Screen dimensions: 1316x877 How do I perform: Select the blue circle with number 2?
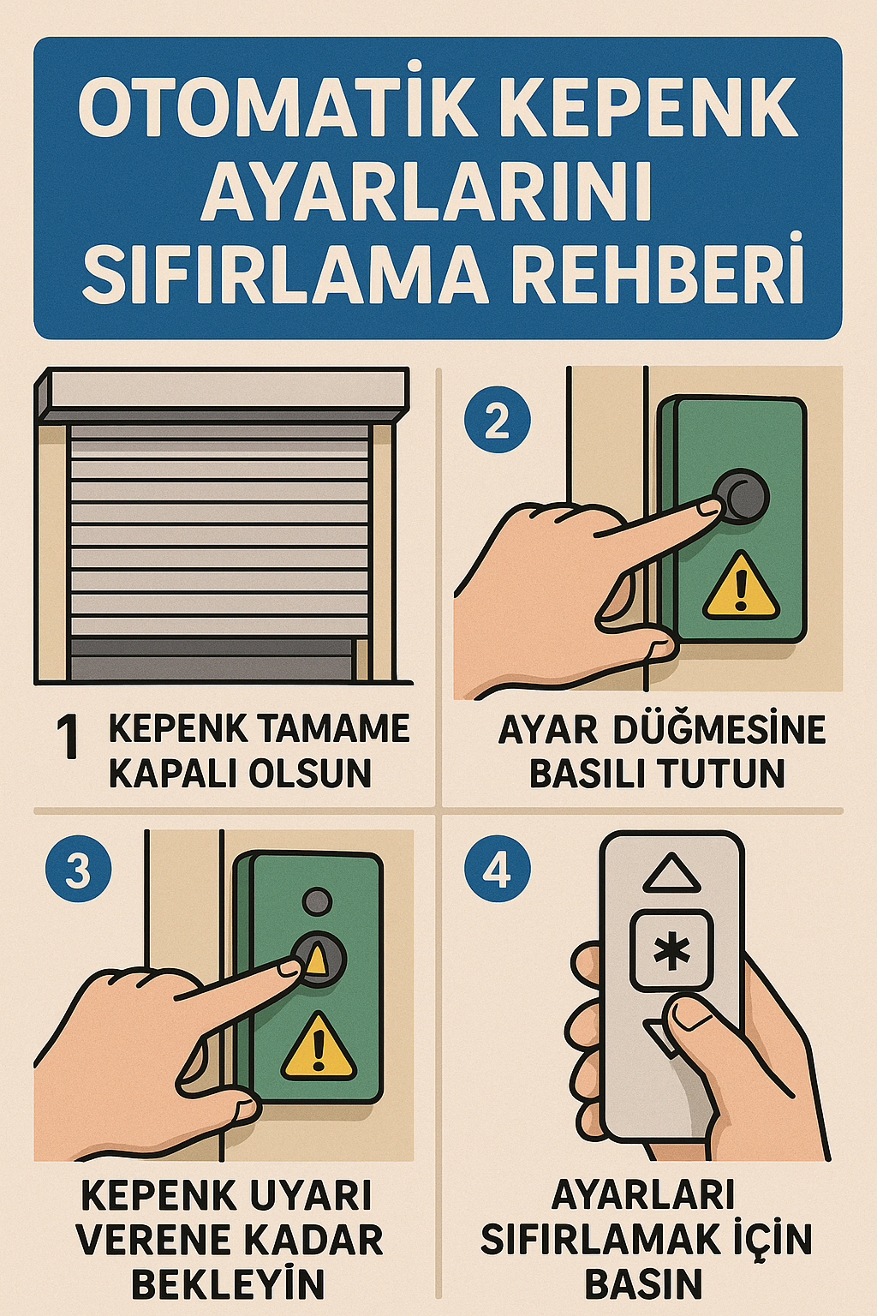click(497, 421)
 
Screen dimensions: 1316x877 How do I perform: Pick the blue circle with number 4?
click(497, 869)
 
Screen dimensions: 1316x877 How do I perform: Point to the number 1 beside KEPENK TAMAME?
click(68, 738)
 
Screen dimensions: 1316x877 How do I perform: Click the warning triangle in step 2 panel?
click(741, 587)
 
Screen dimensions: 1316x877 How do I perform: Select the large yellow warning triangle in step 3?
click(319, 1048)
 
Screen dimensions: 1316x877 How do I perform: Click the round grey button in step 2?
click(743, 496)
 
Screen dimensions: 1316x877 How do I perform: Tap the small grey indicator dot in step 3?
click(318, 901)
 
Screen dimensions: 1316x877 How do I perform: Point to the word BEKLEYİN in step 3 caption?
click(228, 1283)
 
